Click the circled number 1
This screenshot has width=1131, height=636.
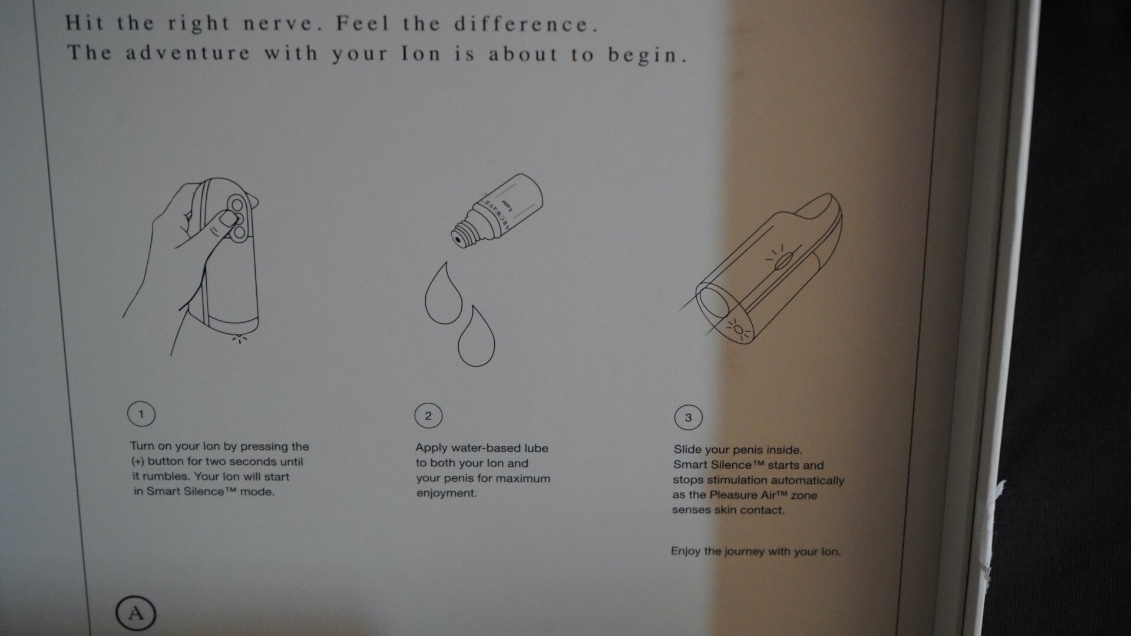pos(141,414)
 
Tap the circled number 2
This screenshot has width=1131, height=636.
pos(428,416)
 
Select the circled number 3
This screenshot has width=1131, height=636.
pos(688,418)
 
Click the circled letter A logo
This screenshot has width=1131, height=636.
pos(135,614)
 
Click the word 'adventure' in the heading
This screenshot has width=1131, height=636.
pos(188,52)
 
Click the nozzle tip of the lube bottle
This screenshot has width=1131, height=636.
pos(456,240)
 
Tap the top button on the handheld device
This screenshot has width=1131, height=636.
pos(237,204)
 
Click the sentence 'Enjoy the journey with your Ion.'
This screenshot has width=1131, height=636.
pos(756,552)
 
